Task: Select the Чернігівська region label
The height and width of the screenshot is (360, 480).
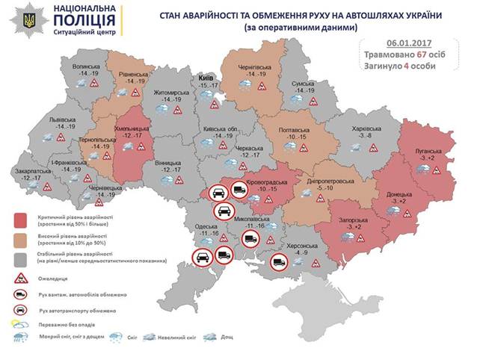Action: pyautogui.click(x=256, y=68)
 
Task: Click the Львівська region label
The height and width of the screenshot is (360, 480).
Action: pyautogui.click(x=57, y=120)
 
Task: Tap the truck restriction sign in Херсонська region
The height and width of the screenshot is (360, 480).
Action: pyautogui.click(x=280, y=262)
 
